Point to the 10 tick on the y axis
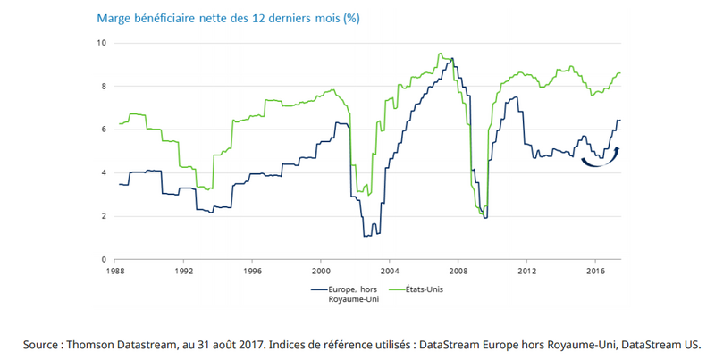pyautogui.click(x=102, y=43)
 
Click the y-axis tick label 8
pyautogui.click(x=104, y=87)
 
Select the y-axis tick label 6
pyautogui.click(x=104, y=130)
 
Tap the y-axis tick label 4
pyautogui.click(x=104, y=173)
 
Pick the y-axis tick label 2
pyautogui.click(x=104, y=216)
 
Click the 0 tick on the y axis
pyautogui.click(x=104, y=259)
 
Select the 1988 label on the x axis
pyautogui.click(x=114, y=269)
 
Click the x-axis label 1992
pyautogui.click(x=183, y=269)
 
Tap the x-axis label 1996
pyautogui.click(x=252, y=269)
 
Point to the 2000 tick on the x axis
pyautogui.click(x=321, y=269)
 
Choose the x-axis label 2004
pyautogui.click(x=390, y=269)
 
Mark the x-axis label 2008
pyautogui.click(x=458, y=269)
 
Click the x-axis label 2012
pyautogui.click(x=527, y=269)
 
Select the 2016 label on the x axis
pyautogui.click(x=596, y=269)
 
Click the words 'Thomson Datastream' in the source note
pyautogui.click(x=110, y=343)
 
